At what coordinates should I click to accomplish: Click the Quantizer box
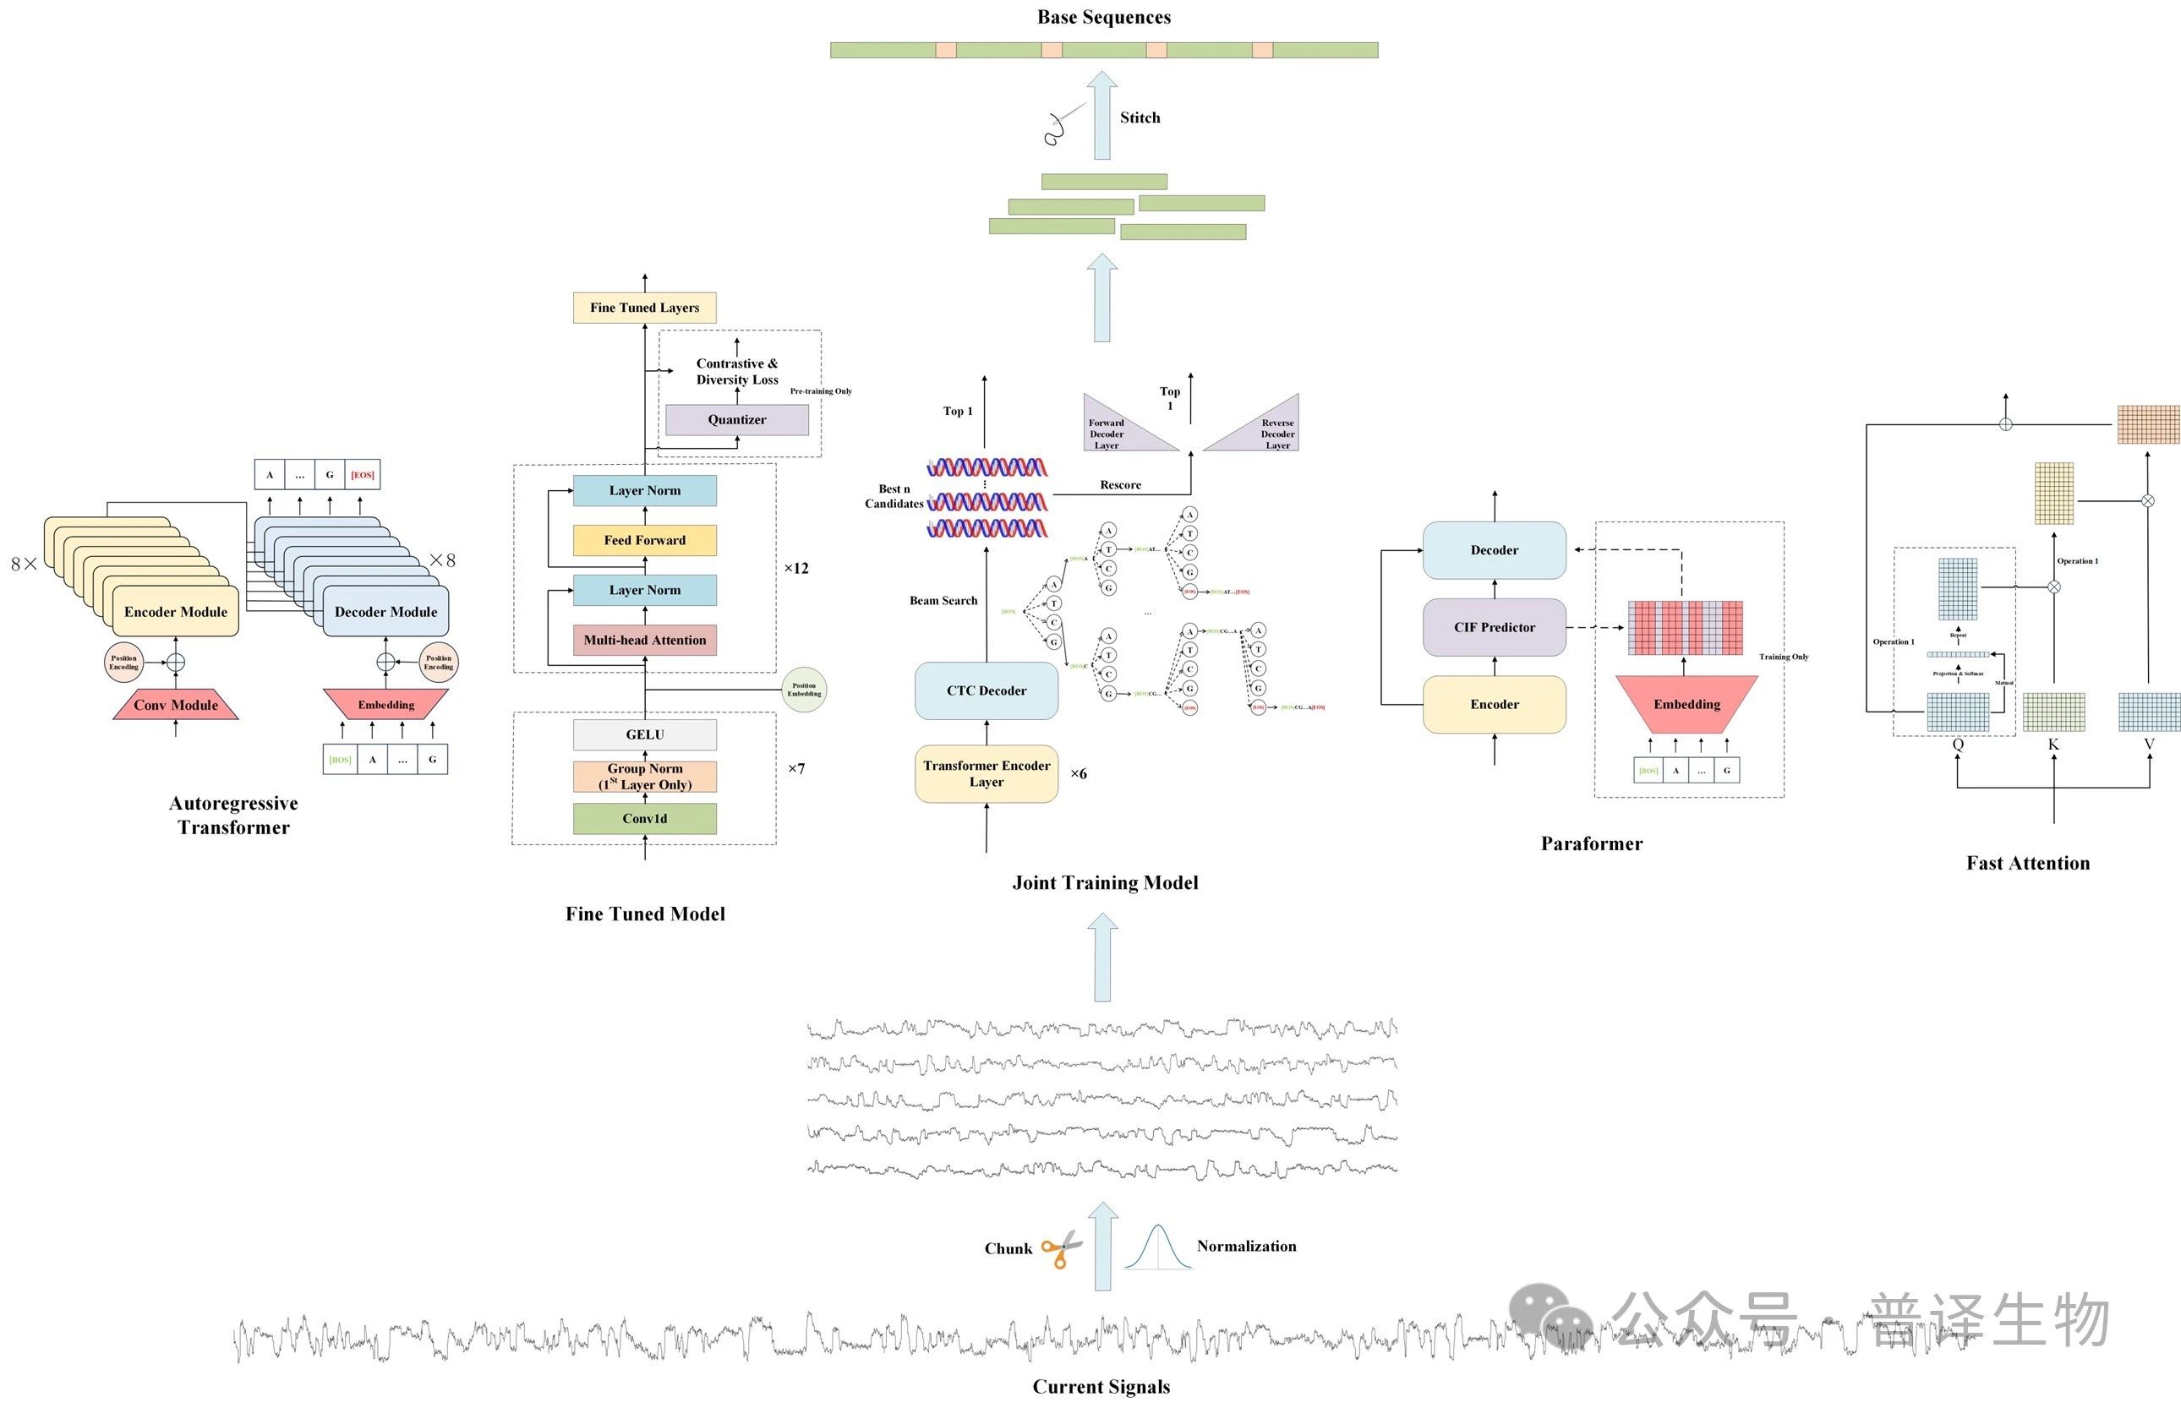click(736, 420)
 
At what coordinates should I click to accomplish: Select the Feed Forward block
click(645, 540)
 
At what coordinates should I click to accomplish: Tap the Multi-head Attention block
click(645, 640)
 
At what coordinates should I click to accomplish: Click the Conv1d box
click(645, 818)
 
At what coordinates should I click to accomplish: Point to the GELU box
click(645, 734)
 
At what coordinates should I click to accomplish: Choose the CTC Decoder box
click(986, 690)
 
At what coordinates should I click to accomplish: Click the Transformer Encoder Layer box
click(986, 773)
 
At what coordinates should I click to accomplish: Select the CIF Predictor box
click(1495, 627)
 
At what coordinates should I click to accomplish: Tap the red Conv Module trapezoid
click(176, 705)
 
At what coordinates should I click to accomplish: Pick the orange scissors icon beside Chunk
click(1061, 1250)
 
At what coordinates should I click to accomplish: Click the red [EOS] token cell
click(362, 474)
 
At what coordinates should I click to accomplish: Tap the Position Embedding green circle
click(804, 690)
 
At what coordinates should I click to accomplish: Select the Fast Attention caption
click(2027, 863)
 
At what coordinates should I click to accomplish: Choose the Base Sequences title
click(1104, 16)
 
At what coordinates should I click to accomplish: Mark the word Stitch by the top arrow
click(1140, 118)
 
